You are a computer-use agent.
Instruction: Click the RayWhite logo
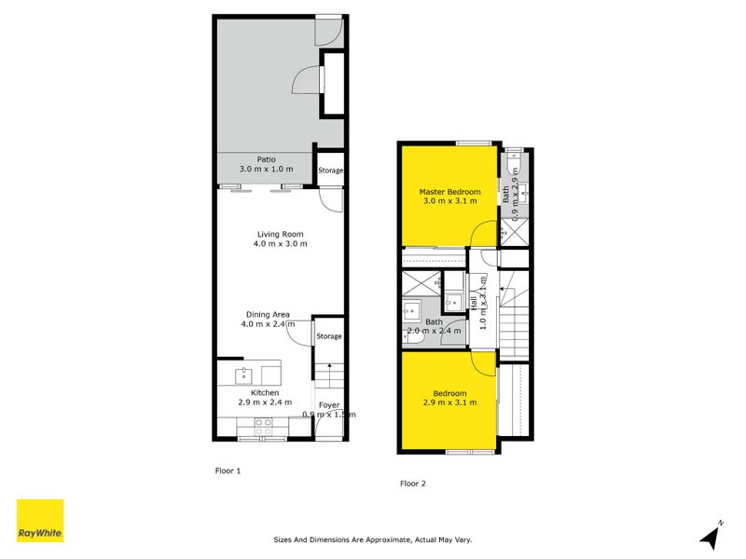tap(40, 521)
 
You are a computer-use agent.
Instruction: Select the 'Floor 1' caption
tap(228, 470)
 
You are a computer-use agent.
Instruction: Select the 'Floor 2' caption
tap(413, 484)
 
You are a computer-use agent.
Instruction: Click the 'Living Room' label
tap(280, 234)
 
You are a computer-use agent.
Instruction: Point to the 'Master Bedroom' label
tap(449, 192)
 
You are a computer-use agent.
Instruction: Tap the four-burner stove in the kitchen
tap(263, 428)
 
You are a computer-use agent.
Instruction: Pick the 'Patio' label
tap(266, 159)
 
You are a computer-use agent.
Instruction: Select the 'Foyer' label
tap(329, 405)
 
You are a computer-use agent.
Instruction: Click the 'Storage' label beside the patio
tap(330, 170)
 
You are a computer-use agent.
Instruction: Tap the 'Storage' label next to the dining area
tap(328, 336)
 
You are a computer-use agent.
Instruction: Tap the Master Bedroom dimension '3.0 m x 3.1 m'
tap(450, 201)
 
